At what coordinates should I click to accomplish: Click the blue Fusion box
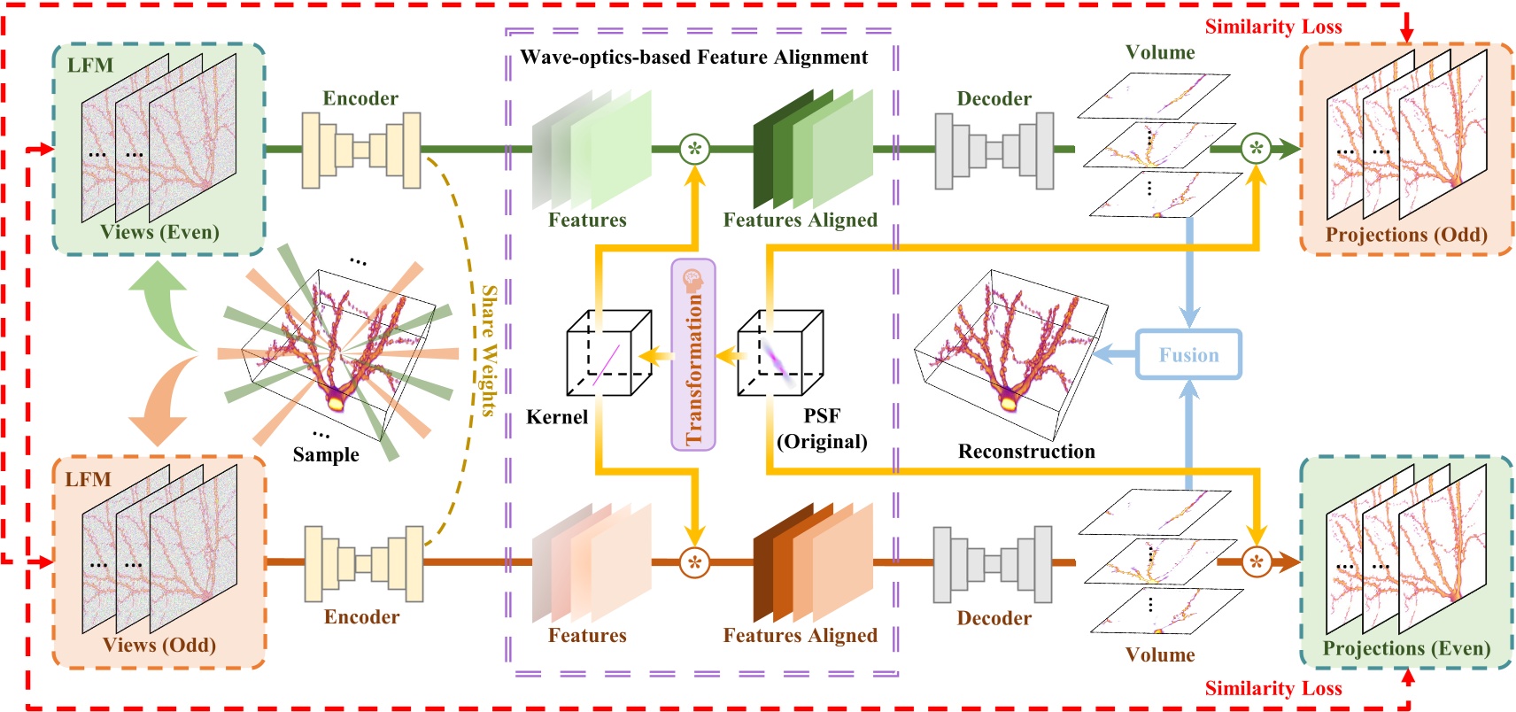[1188, 355]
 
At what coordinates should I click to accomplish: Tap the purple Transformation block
[693, 354]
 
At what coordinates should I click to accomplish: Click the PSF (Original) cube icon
[780, 353]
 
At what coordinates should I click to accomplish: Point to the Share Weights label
[488, 350]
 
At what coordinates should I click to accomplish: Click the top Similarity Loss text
[1272, 27]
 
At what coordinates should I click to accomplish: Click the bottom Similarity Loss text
[1272, 688]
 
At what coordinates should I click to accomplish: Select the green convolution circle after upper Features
[694, 149]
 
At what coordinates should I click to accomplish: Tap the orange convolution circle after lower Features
[694, 562]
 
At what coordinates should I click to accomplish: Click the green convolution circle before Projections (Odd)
[1255, 149]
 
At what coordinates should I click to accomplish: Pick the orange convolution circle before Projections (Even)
[1255, 561]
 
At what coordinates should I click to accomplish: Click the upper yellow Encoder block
[361, 150]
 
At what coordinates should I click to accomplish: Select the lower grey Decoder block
[993, 564]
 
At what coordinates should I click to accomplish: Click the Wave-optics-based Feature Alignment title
[693, 58]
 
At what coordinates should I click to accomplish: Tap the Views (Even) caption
[159, 232]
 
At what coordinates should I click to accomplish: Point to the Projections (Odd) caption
[1405, 235]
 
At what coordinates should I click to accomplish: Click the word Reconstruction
[1026, 452]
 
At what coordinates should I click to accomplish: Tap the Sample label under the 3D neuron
[326, 454]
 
